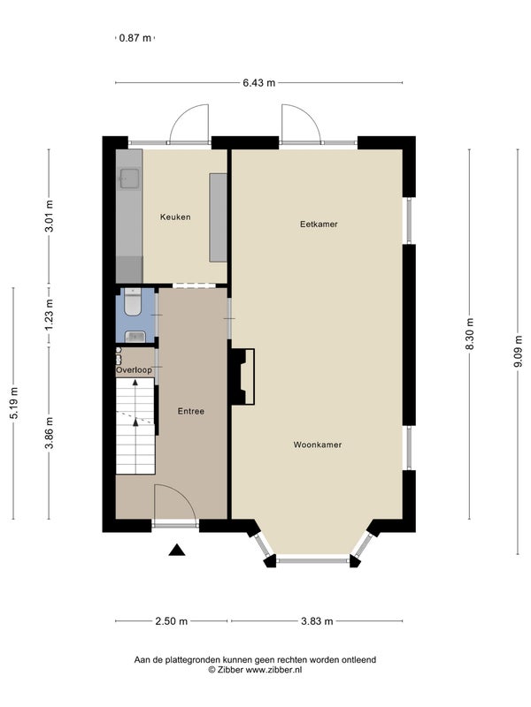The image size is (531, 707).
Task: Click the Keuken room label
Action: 175,217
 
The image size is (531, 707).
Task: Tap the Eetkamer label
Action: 319,224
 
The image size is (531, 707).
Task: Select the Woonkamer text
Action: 318,445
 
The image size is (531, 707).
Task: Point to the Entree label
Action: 190,411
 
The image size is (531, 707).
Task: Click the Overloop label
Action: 135,370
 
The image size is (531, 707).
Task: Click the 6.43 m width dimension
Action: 258,83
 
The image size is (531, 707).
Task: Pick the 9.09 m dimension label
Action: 518,351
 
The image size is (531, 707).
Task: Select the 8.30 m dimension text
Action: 470,334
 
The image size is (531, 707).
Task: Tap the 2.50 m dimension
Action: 171,621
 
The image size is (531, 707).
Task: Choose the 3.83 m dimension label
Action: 317,621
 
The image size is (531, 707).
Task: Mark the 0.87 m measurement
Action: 135,38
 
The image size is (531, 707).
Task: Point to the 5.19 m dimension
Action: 13,403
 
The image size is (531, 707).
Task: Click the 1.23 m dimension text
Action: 50,315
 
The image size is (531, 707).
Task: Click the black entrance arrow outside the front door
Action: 177,550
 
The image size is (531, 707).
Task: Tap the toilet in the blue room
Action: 133,301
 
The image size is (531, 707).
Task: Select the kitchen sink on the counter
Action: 129,178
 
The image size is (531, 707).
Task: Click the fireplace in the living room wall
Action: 242,376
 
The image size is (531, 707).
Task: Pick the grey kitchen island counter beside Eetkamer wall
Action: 218,217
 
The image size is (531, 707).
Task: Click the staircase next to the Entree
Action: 135,426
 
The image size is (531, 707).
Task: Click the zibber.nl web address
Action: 273,670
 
